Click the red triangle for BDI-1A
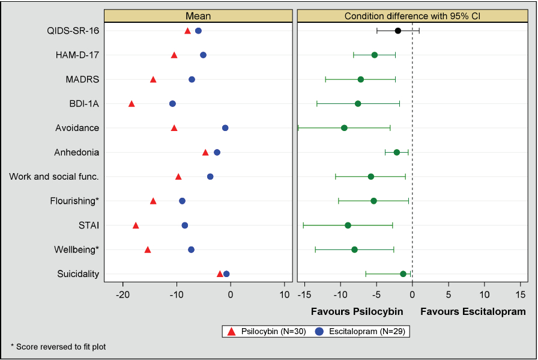tap(131, 104)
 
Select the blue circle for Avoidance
tap(225, 128)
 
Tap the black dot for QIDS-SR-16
tap(397, 31)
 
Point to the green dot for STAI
tap(348, 225)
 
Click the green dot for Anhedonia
tap(397, 152)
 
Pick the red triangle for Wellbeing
tap(148, 249)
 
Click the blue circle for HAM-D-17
tap(203, 55)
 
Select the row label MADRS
tap(82, 79)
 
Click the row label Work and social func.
tap(54, 177)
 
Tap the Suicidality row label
tap(78, 274)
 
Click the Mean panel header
tap(198, 16)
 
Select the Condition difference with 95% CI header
tap(412, 16)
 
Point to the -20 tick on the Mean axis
tap(123, 294)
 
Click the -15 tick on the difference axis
tap(304, 294)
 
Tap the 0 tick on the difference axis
tap(412, 294)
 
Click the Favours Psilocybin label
tap(357, 312)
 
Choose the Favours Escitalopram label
tap(473, 312)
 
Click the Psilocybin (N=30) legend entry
tap(264, 331)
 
